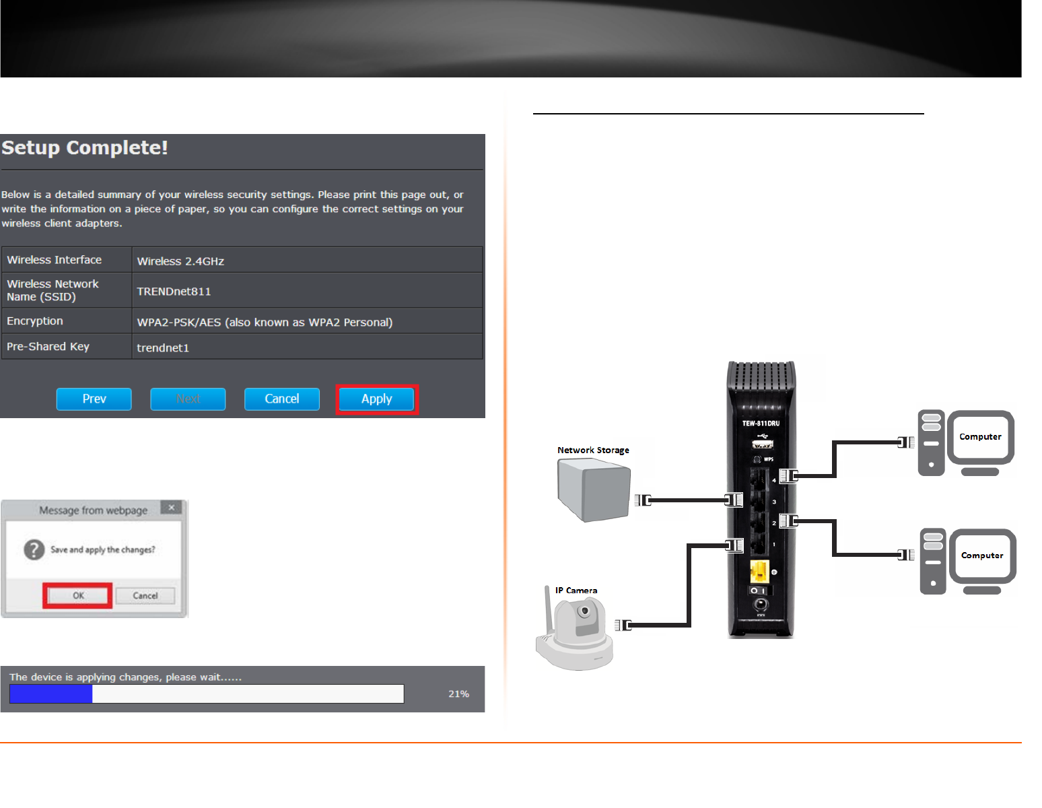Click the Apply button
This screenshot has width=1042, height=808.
[376, 399]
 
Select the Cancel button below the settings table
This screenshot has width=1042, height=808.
[281, 399]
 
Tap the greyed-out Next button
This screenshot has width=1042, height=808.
[188, 399]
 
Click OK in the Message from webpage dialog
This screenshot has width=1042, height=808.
[78, 596]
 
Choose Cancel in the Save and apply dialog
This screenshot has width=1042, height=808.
[145, 596]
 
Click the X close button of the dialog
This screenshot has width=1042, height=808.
[172, 507]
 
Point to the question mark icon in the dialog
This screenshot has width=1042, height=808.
[34, 550]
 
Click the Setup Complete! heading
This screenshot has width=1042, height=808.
[85, 148]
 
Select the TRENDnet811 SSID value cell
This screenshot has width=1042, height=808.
[174, 292]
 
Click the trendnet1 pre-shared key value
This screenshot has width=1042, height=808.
[163, 348]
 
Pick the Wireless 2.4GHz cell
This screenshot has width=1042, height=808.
[180, 261]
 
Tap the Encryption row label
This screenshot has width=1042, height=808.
[35, 321]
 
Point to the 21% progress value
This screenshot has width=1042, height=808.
[458, 694]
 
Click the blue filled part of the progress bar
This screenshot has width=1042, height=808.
[51, 694]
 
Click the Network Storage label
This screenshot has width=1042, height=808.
[593, 450]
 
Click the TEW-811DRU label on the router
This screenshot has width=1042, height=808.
[761, 424]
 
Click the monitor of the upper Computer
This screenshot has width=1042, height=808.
[980, 438]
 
